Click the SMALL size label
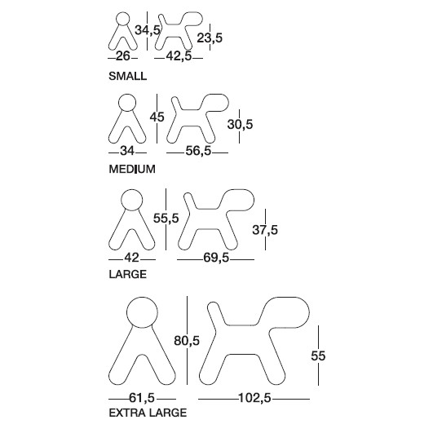pos(127,76)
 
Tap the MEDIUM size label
pos(132,169)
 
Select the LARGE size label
pos(127,274)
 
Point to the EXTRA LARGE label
pos(148,413)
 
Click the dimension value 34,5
pos(148,30)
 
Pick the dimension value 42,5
pos(179,56)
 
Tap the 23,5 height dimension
pos(210,38)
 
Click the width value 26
pos(123,56)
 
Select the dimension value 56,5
pos(198,151)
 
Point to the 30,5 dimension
pos(240,124)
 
